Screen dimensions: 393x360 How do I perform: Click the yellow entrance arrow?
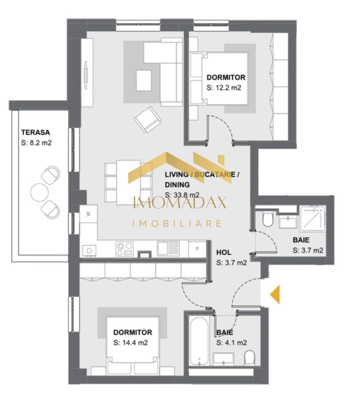(275, 294)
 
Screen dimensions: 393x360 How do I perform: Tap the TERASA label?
(35, 132)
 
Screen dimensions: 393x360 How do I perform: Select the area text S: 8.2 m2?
(36, 143)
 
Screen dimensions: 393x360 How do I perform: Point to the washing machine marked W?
(87, 214)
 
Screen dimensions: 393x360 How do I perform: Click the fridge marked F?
(197, 249)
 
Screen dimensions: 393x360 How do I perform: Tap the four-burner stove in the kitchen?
(124, 249)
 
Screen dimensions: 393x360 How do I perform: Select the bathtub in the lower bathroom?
(199, 341)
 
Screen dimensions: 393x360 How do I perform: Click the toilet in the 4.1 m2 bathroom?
(250, 357)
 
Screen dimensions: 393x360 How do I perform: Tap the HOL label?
(224, 252)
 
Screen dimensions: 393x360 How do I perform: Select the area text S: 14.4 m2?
(130, 342)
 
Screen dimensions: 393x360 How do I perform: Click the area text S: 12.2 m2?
(224, 87)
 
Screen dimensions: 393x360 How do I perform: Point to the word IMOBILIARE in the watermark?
(177, 223)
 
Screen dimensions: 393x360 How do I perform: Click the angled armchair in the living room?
(147, 119)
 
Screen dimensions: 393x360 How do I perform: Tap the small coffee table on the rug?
(144, 80)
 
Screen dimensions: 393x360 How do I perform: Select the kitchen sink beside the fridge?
(168, 249)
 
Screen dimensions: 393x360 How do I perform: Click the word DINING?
(177, 184)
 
